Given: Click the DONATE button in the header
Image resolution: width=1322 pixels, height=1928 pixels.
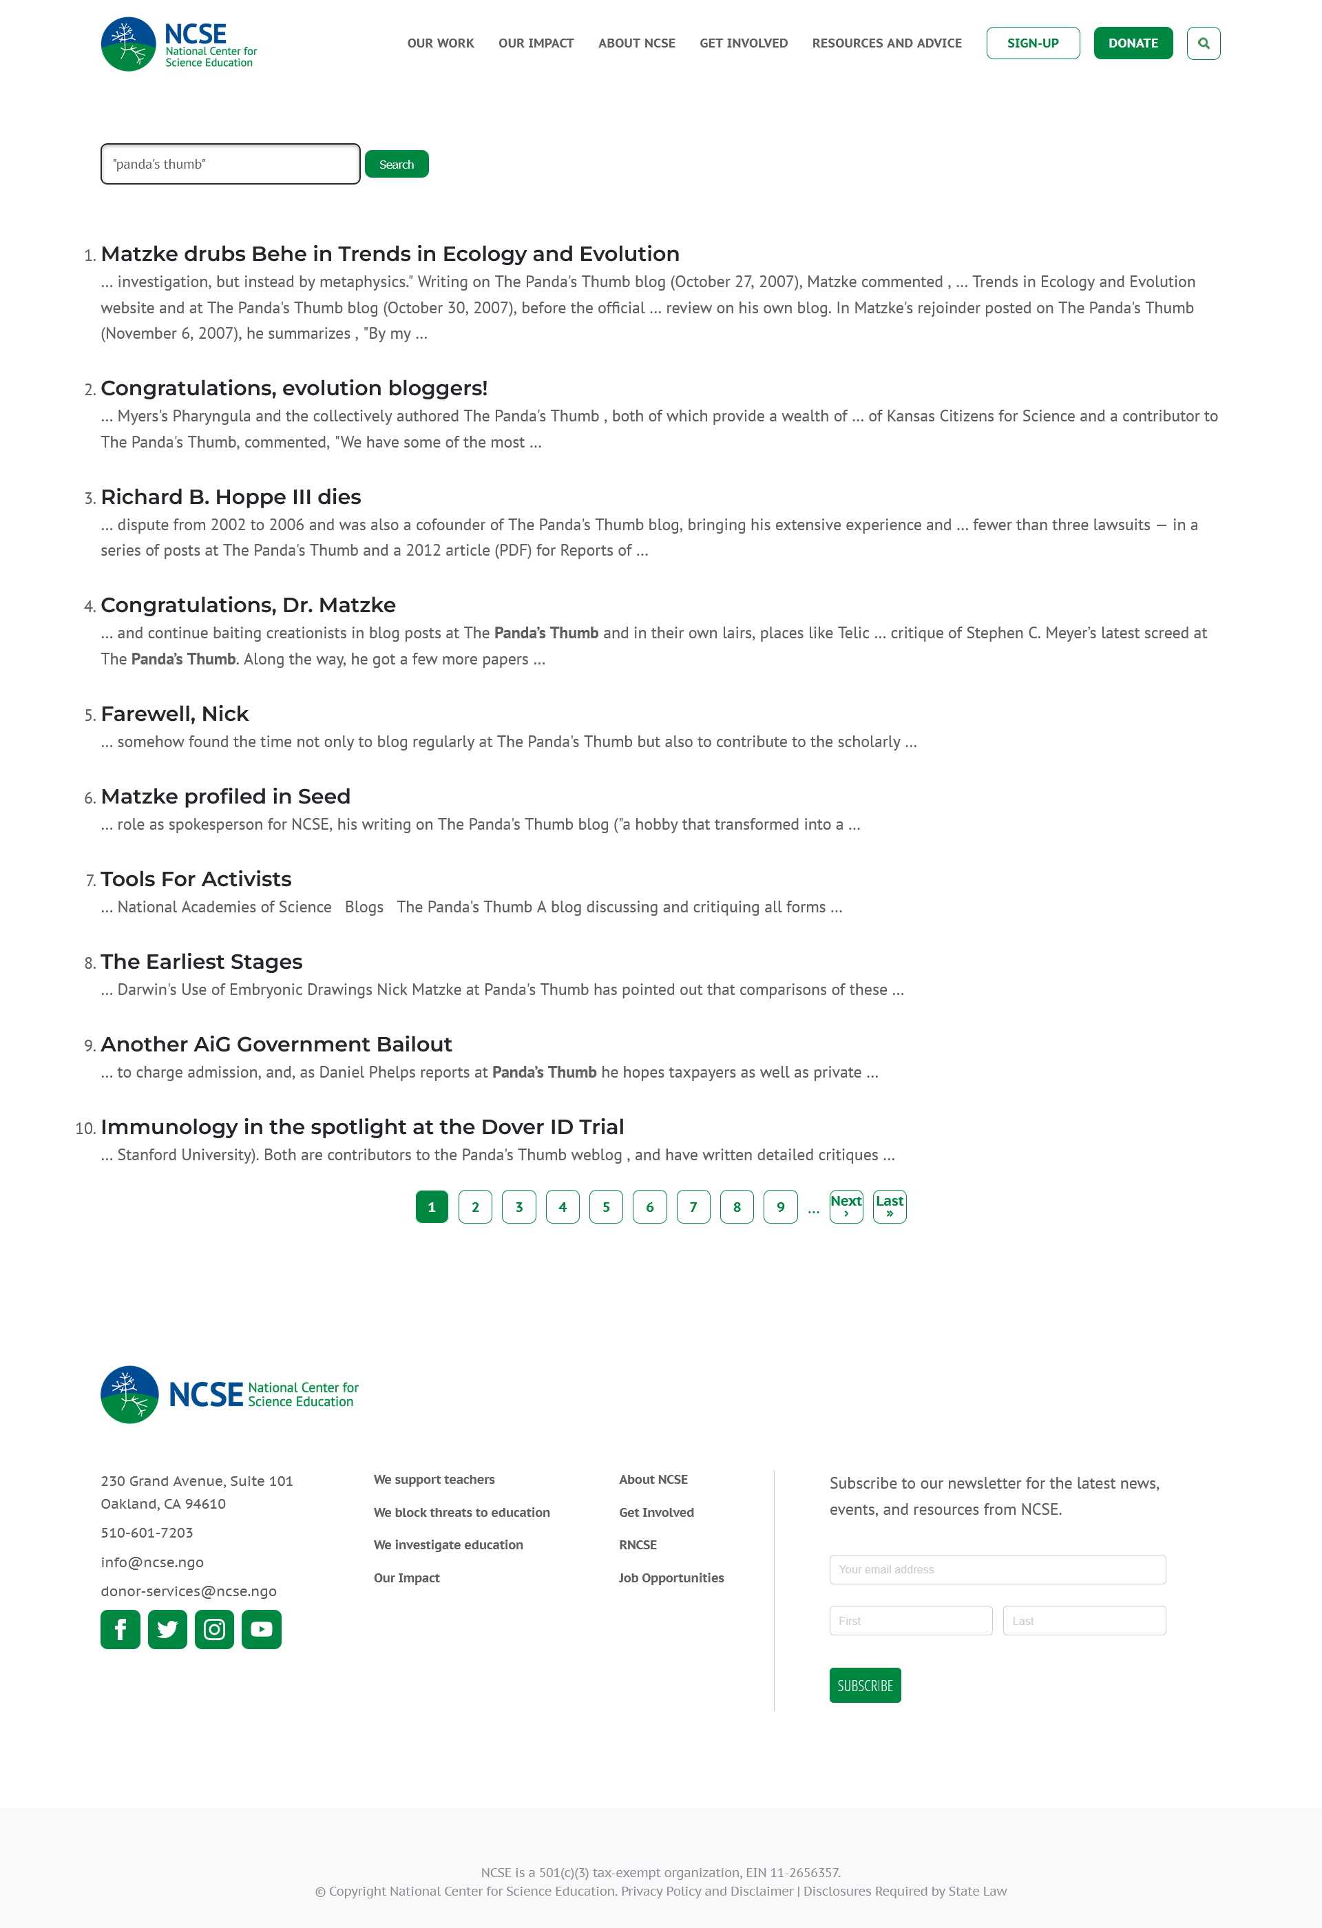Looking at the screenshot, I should tap(1132, 43).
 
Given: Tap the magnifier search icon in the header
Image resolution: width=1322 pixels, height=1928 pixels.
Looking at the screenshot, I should tap(1203, 43).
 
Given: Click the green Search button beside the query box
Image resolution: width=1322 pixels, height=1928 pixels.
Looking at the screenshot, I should tap(397, 165).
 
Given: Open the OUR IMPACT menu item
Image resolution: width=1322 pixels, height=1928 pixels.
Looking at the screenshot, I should tap(536, 43).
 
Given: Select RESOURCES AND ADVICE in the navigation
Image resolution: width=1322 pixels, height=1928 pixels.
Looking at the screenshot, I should tap(887, 43).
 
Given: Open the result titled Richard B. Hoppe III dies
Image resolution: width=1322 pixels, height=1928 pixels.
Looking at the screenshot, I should tap(231, 497).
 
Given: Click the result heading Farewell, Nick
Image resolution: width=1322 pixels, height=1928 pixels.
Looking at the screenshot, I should tap(174, 714).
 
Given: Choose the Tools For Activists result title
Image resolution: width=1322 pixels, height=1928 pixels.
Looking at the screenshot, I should tap(196, 879).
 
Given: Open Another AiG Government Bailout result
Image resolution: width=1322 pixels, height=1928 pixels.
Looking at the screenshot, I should tap(276, 1045).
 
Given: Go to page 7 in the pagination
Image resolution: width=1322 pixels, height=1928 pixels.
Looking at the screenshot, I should tap(693, 1207).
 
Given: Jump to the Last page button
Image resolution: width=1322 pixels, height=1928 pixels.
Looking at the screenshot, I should tap(889, 1207).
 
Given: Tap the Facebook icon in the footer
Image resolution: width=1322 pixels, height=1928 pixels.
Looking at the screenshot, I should tap(120, 1629).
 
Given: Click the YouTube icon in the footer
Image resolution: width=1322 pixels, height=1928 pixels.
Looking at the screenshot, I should tap(261, 1629).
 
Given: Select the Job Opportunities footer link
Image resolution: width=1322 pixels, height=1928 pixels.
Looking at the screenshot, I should tap(671, 1578).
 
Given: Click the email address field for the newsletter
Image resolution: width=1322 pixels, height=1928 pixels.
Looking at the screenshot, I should tap(997, 1570).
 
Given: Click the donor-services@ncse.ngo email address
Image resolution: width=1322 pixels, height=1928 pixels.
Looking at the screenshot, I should tap(188, 1591).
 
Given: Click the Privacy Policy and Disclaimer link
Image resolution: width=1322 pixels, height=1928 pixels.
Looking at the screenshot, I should tap(706, 1891).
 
